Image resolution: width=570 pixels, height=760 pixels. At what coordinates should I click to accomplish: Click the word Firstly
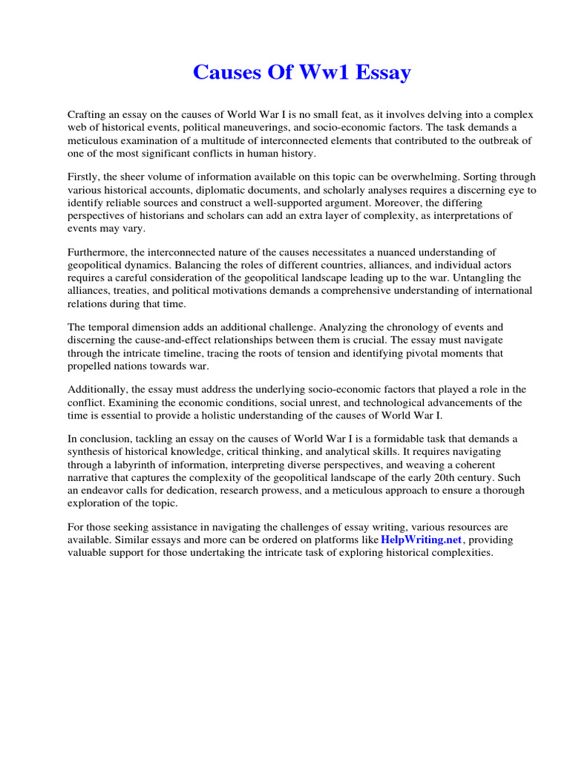(86, 177)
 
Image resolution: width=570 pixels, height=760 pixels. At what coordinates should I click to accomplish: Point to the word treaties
(134, 290)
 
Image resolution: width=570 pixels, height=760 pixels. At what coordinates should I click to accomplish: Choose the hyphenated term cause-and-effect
(179, 340)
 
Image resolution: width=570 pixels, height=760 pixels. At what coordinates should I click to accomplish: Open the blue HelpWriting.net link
(421, 540)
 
